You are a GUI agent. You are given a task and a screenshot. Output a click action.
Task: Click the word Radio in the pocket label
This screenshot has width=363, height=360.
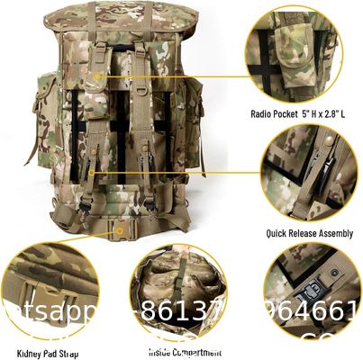[262, 114]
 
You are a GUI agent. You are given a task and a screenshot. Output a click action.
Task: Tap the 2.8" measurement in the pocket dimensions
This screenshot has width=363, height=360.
[336, 114]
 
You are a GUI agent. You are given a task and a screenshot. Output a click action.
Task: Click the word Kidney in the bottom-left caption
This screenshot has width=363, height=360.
[30, 351]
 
